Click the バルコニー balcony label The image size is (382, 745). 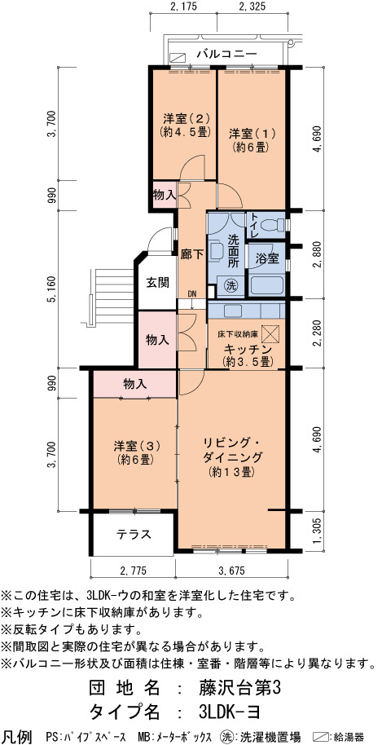click(x=227, y=55)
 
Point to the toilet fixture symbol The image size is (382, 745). click(x=275, y=224)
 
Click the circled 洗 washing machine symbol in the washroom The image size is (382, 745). click(x=231, y=285)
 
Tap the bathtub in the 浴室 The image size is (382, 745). click(x=266, y=286)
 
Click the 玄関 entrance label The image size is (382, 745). click(x=157, y=283)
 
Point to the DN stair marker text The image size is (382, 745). click(x=191, y=293)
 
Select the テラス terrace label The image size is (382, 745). click(x=134, y=534)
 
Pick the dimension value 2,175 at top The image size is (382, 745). click(x=182, y=7)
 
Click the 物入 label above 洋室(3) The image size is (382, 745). click(x=134, y=383)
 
